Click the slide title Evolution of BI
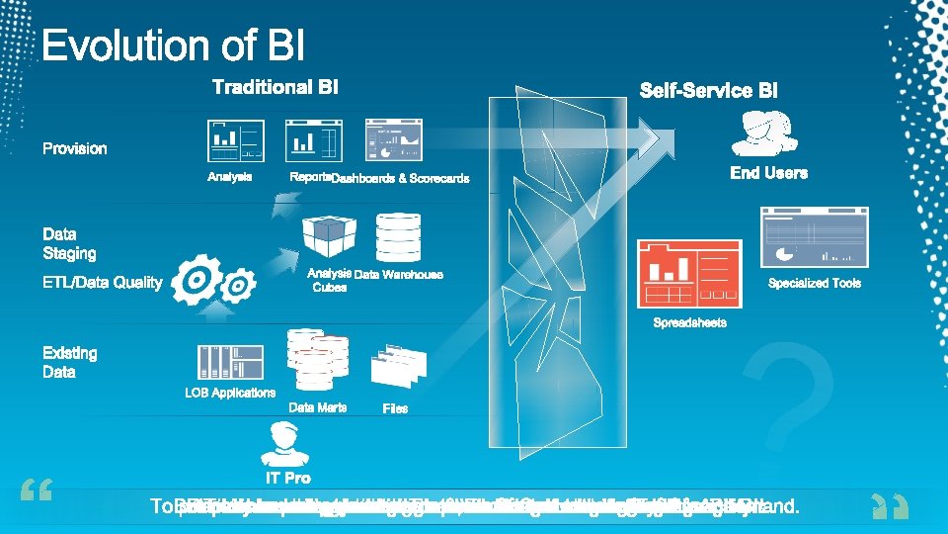click(x=174, y=46)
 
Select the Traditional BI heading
click(x=276, y=88)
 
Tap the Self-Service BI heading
click(x=708, y=90)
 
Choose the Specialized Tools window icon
click(x=815, y=237)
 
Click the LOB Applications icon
click(x=230, y=362)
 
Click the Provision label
click(x=74, y=148)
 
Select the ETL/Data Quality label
click(x=102, y=283)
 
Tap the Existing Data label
click(x=69, y=362)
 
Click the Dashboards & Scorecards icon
click(x=393, y=140)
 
